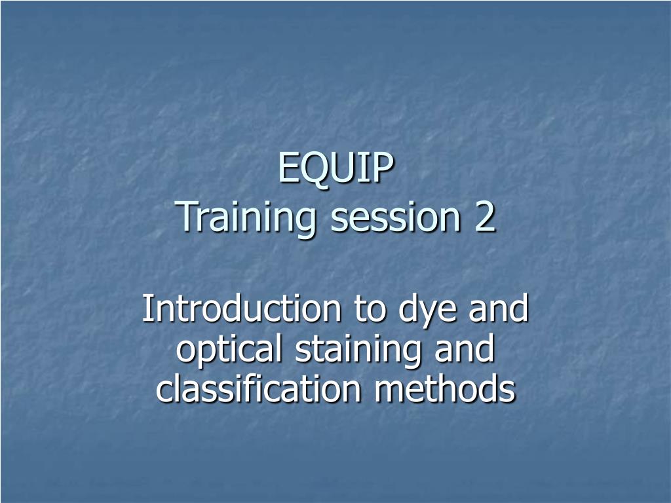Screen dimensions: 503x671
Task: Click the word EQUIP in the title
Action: click(x=335, y=168)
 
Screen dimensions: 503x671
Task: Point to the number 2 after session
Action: click(x=485, y=218)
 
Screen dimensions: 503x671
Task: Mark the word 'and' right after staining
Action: click(x=462, y=350)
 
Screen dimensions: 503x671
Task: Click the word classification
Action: click(x=258, y=390)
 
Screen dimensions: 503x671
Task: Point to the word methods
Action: click(x=445, y=390)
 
